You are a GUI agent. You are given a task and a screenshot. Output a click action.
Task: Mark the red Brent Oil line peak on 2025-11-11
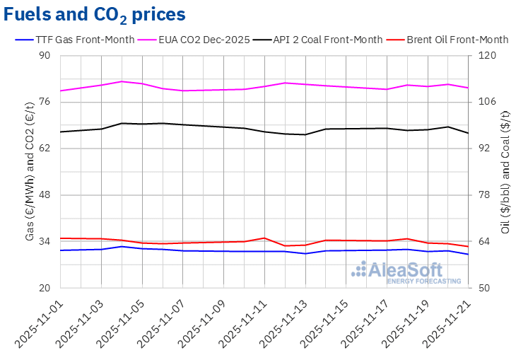pyautogui.click(x=264, y=238)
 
